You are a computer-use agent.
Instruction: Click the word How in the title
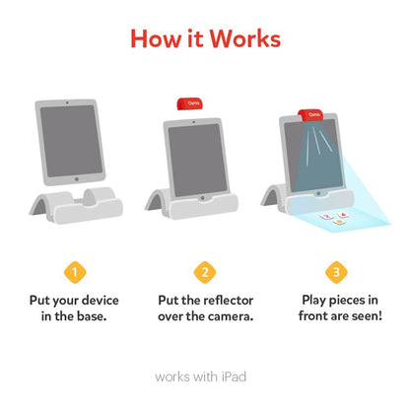pyautogui.click(x=157, y=39)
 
